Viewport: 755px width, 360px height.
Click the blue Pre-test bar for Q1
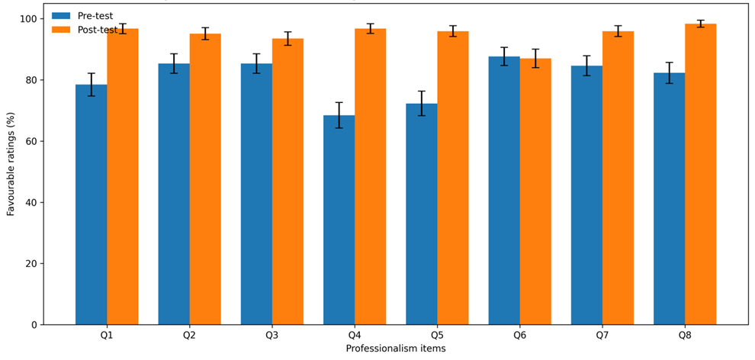click(x=92, y=204)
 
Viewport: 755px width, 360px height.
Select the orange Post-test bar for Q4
click(x=371, y=177)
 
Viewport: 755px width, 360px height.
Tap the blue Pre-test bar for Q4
click(x=339, y=220)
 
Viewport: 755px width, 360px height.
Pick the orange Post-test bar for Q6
click(x=535, y=191)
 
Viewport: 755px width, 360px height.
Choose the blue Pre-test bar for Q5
click(x=422, y=214)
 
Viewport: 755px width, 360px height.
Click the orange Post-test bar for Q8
click(x=701, y=174)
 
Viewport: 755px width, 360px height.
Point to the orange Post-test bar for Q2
click(x=205, y=179)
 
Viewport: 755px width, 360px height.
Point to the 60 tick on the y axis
click(x=41, y=141)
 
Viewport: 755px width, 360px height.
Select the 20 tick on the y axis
click(x=41, y=264)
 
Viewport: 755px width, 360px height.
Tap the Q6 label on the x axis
click(x=520, y=336)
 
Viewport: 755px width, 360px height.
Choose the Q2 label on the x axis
click(x=190, y=336)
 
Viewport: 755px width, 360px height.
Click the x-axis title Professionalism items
click(x=396, y=348)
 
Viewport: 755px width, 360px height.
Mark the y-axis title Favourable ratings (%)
click(x=10, y=172)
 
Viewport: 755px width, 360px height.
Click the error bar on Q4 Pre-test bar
click(x=339, y=115)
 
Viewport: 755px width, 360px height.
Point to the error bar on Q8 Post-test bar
click(x=701, y=24)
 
